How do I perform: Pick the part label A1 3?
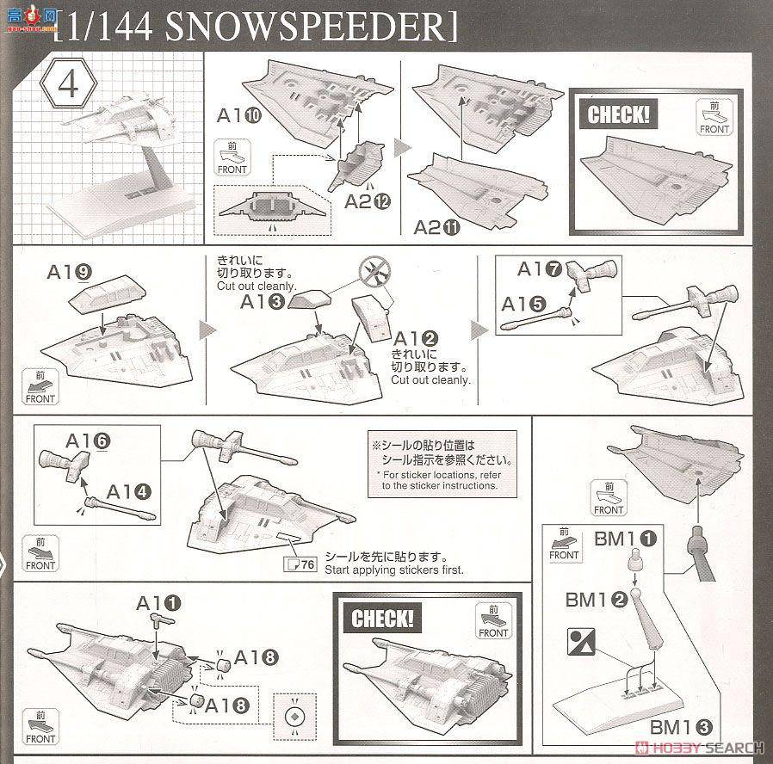point(263,302)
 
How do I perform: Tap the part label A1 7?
point(541,269)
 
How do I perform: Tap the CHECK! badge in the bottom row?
point(382,618)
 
